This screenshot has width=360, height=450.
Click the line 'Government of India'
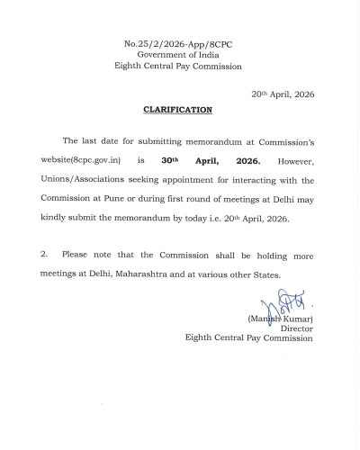[x=179, y=55]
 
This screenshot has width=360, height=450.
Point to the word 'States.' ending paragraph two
[x=274, y=273]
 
